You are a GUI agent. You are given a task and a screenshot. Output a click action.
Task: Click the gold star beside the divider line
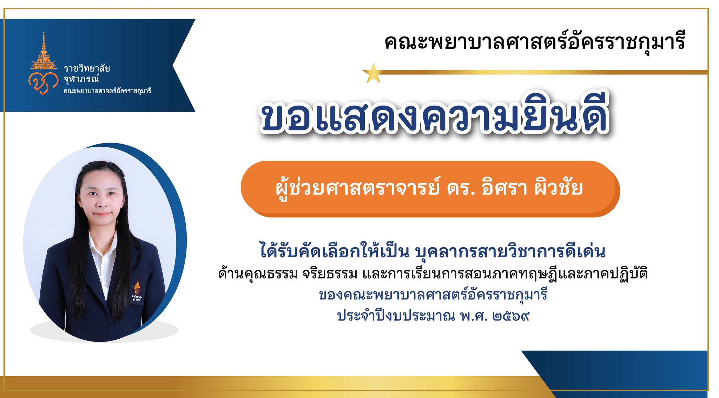372,73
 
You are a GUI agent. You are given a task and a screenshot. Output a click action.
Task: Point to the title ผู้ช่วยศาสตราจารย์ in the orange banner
359,188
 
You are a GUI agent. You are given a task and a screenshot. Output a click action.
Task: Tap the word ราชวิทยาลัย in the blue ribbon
87,68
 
